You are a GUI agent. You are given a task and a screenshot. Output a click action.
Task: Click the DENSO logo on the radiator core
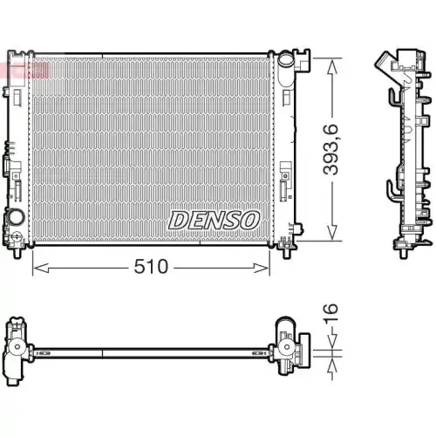[215, 220]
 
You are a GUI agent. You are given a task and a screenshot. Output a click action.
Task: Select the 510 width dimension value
[150, 267]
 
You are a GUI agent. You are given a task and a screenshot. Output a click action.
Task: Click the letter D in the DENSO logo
[177, 220]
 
